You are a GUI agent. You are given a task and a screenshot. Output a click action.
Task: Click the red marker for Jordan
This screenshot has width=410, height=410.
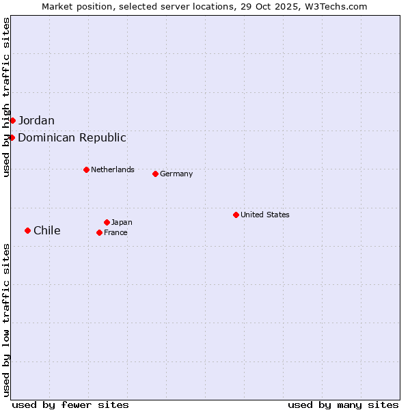12,120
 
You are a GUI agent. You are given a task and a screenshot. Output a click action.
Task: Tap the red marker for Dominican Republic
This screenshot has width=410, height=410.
12,137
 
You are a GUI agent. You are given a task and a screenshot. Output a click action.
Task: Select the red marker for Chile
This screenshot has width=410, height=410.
27,230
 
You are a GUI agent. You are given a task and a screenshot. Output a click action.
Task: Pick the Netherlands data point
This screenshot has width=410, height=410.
86,169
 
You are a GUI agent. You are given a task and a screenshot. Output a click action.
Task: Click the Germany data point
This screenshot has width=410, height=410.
155,174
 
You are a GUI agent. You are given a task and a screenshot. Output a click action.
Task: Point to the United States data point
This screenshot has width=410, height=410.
236,215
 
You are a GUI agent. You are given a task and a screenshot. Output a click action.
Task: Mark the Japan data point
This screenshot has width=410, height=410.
107,222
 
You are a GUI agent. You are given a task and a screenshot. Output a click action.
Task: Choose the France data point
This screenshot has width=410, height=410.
99,232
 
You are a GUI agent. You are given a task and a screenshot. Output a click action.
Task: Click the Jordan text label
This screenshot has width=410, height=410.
36,121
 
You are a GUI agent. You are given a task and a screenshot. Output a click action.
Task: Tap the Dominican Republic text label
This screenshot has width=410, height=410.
72,138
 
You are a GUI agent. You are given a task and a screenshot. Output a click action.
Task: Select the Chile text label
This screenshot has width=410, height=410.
46,231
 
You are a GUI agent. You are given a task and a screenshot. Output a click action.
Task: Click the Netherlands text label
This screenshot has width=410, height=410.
113,169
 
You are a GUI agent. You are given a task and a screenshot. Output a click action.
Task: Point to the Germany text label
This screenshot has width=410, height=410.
176,174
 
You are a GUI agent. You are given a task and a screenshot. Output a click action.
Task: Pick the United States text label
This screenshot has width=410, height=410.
265,215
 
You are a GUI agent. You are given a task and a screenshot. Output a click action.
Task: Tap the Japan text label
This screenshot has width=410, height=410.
122,222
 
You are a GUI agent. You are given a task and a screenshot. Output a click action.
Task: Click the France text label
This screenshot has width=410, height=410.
115,232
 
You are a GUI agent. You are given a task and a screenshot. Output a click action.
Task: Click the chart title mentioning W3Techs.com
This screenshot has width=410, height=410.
204,6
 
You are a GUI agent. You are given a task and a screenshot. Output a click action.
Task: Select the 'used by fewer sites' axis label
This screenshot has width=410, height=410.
70,405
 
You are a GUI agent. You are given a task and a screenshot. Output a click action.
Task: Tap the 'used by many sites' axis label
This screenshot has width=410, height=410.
343,405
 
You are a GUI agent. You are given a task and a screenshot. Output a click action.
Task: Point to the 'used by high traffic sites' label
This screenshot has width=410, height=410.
6,98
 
